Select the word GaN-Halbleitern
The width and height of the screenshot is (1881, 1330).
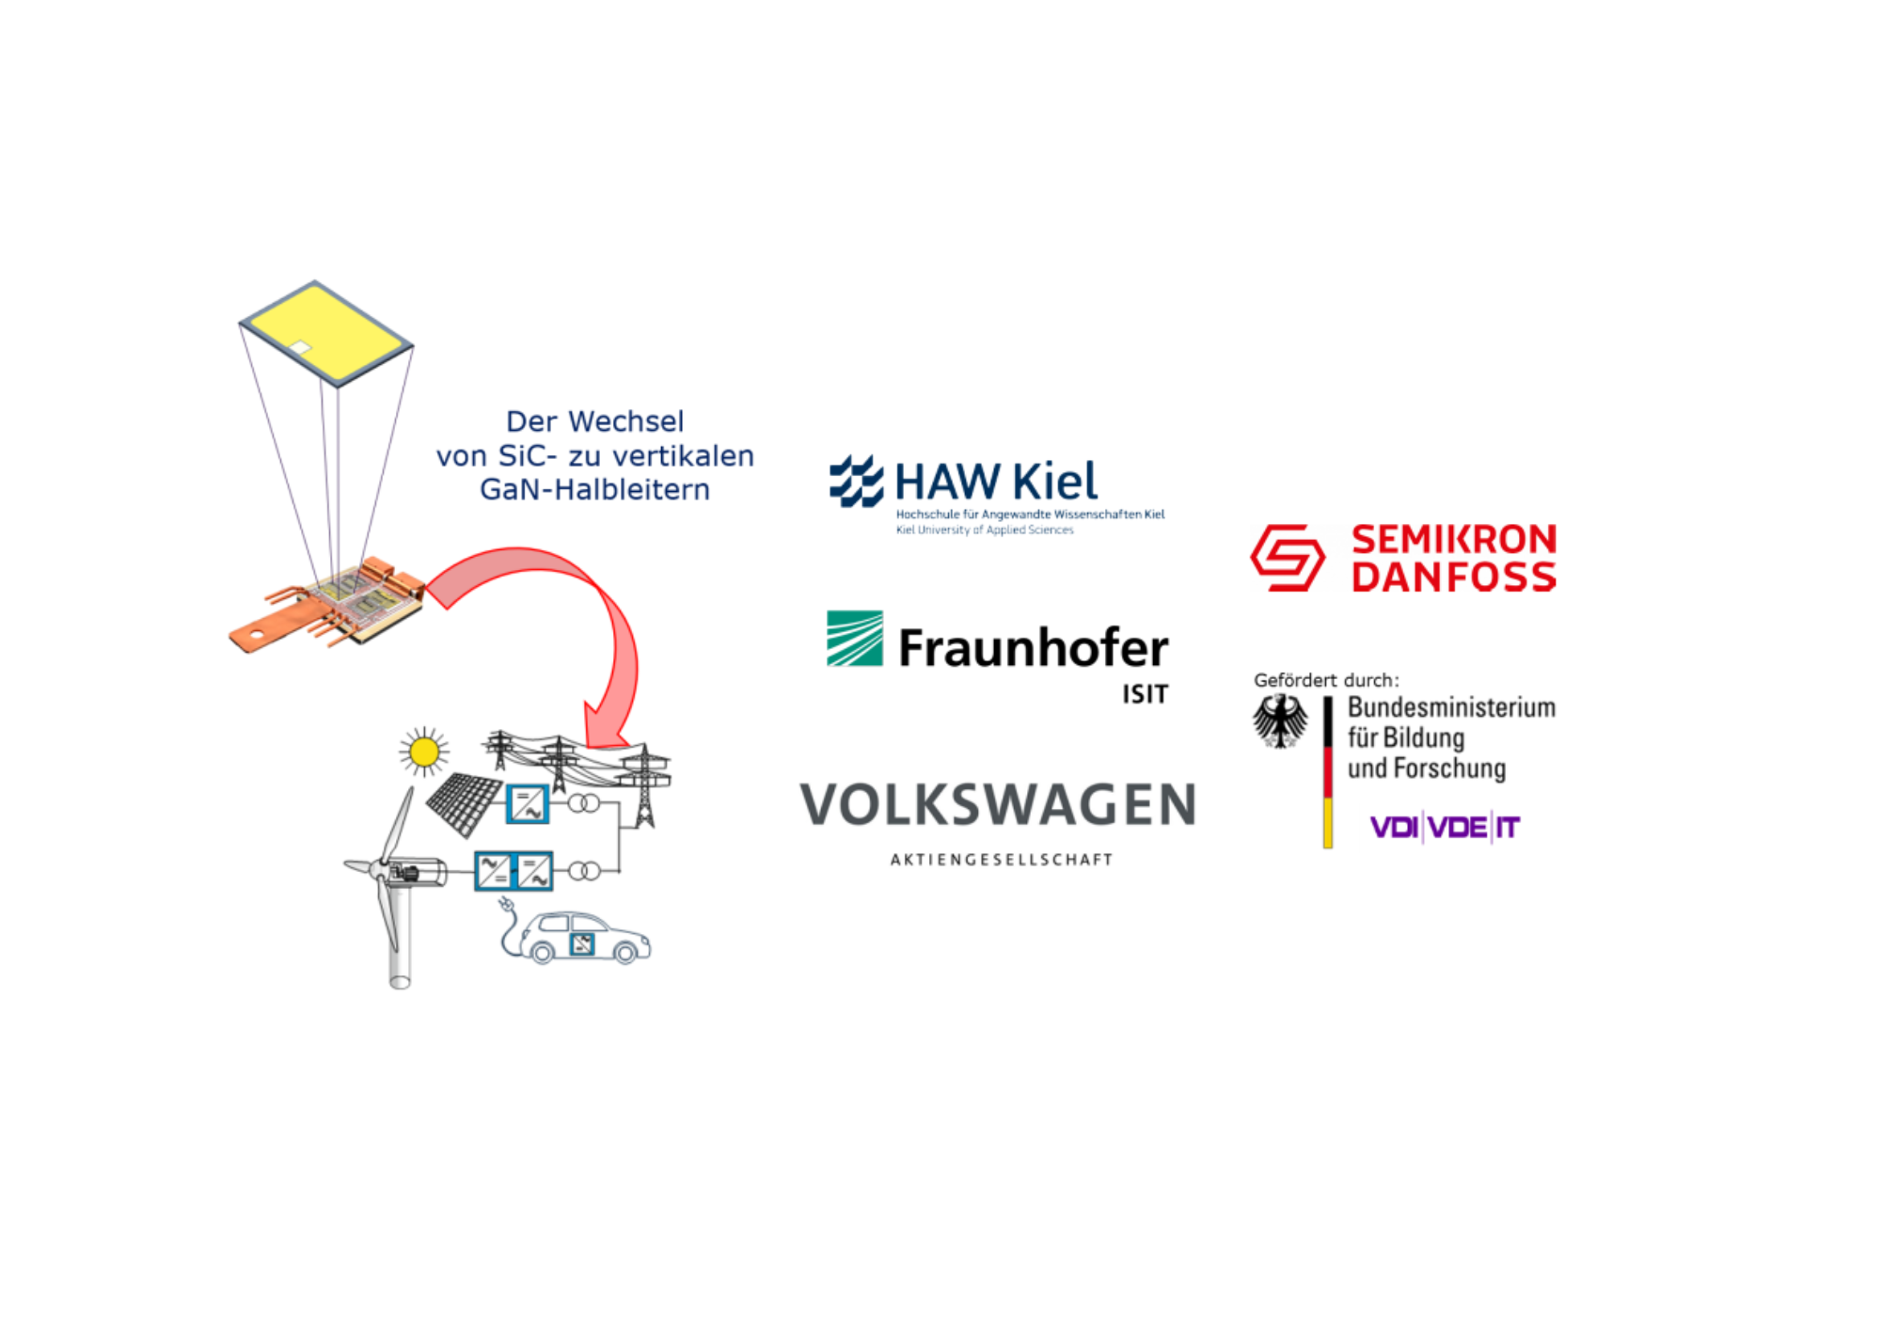[x=594, y=490]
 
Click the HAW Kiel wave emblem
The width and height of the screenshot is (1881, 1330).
[x=856, y=481]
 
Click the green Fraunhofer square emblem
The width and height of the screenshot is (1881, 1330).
[x=854, y=639]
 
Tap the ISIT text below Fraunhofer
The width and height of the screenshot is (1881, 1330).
[x=1144, y=694]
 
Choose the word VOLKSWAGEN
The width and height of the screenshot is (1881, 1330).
[x=998, y=806]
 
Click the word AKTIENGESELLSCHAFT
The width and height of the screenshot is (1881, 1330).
[x=1002, y=860]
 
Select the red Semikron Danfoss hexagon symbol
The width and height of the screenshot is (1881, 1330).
[x=1287, y=558]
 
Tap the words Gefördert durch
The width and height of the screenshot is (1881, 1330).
[x=1326, y=680]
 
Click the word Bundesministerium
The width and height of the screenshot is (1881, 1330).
[x=1451, y=707]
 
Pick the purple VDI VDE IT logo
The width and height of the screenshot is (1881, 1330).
[x=1445, y=828]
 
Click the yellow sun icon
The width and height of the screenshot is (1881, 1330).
[x=424, y=752]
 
